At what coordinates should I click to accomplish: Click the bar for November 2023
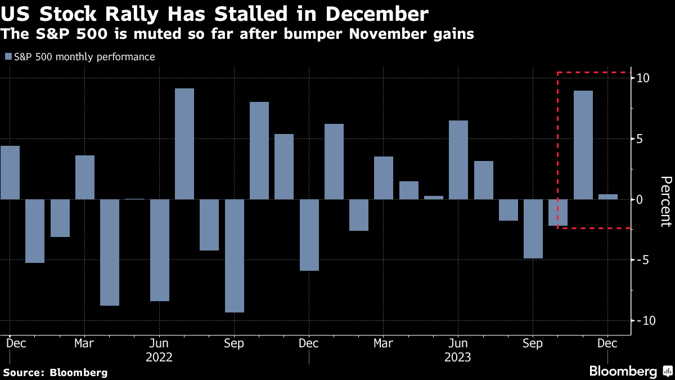point(583,145)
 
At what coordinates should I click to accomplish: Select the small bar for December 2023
point(608,196)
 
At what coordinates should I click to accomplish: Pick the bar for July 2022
point(184,144)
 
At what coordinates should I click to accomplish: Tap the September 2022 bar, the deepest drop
point(235,256)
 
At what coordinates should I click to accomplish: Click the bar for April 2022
point(110,252)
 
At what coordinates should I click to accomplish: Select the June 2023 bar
point(458,160)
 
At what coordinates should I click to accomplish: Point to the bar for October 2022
point(259,150)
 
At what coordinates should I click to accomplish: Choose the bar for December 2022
point(309,235)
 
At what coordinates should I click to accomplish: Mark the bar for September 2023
point(533,229)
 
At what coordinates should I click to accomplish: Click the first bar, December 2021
point(10,172)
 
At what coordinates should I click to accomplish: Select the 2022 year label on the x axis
point(159,357)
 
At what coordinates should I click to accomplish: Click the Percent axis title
point(665,201)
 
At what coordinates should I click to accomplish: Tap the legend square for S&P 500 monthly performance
point(7,57)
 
